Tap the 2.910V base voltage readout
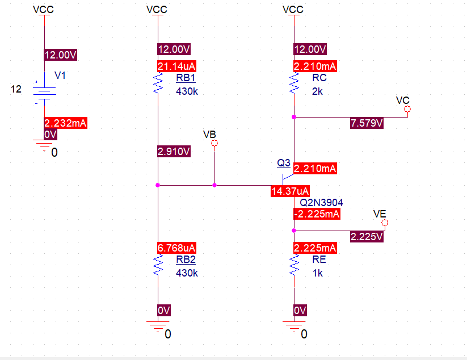(174, 152)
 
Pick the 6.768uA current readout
(176, 248)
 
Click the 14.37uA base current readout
(290, 191)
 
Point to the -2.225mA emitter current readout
(317, 214)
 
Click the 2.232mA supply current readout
(65, 123)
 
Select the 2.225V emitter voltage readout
(367, 236)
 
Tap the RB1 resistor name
(186, 78)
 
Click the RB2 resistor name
(186, 259)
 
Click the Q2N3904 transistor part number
(321, 202)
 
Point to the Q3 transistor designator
(283, 163)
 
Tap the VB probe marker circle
(214, 144)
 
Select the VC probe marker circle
(407, 108)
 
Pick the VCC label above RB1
(157, 10)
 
